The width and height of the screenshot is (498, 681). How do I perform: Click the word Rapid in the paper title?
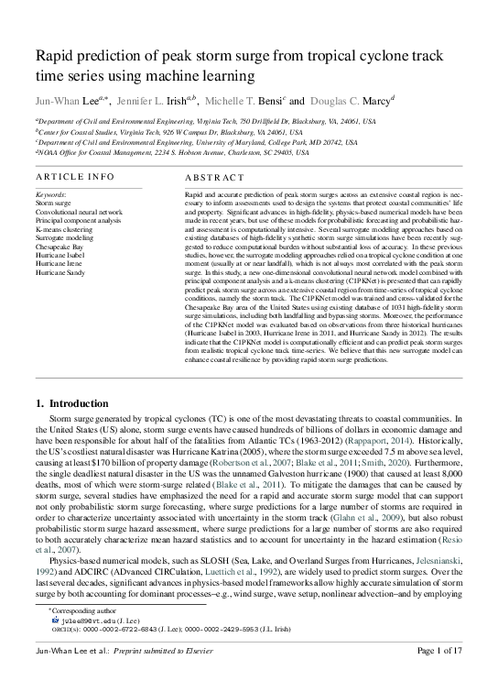click(54, 58)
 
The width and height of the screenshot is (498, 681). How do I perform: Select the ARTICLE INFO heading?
click(75, 177)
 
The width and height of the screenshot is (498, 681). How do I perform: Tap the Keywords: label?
click(50, 195)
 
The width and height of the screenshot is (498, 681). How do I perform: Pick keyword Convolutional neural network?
click(78, 212)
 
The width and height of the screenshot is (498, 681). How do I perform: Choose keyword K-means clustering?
click(66, 229)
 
